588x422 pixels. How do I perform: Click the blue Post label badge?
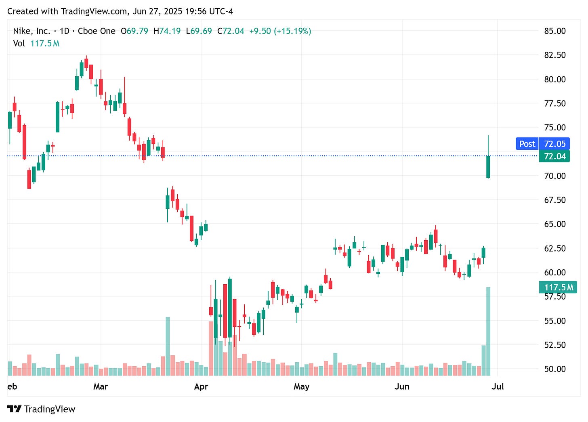tap(527, 144)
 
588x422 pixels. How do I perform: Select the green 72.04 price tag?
tap(554, 156)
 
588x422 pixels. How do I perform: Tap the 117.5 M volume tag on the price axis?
tap(558, 288)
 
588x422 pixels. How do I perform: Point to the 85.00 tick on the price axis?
tap(555, 31)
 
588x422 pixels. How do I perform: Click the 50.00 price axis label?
tap(555, 369)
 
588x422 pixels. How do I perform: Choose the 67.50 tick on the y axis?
tap(555, 200)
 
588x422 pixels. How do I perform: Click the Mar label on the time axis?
tap(101, 386)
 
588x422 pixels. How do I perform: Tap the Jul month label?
tap(498, 386)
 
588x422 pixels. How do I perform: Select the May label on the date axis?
tap(301, 386)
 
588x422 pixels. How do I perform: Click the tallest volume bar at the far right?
tap(488, 331)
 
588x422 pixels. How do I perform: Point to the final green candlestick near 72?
tap(488, 166)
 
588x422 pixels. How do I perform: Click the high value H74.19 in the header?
tap(167, 31)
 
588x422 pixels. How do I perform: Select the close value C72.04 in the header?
tap(231, 31)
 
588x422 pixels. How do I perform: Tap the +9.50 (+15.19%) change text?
tap(280, 31)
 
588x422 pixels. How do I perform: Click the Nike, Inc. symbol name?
tap(31, 31)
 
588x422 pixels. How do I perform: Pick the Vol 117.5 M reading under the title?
tap(36, 43)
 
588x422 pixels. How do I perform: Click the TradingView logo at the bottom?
tap(42, 409)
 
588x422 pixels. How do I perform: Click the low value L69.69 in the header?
tap(199, 31)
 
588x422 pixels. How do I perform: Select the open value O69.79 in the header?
tap(134, 31)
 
